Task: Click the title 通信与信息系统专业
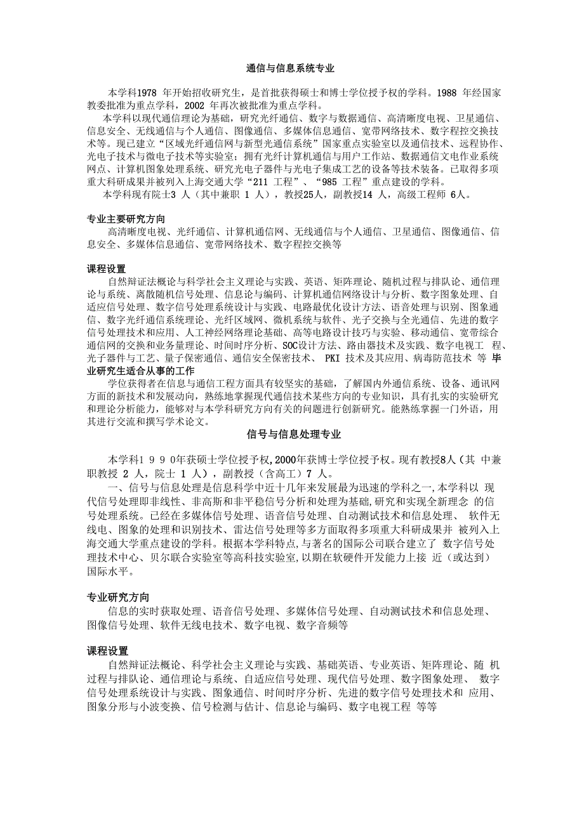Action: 291,68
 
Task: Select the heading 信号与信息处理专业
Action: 294,435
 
